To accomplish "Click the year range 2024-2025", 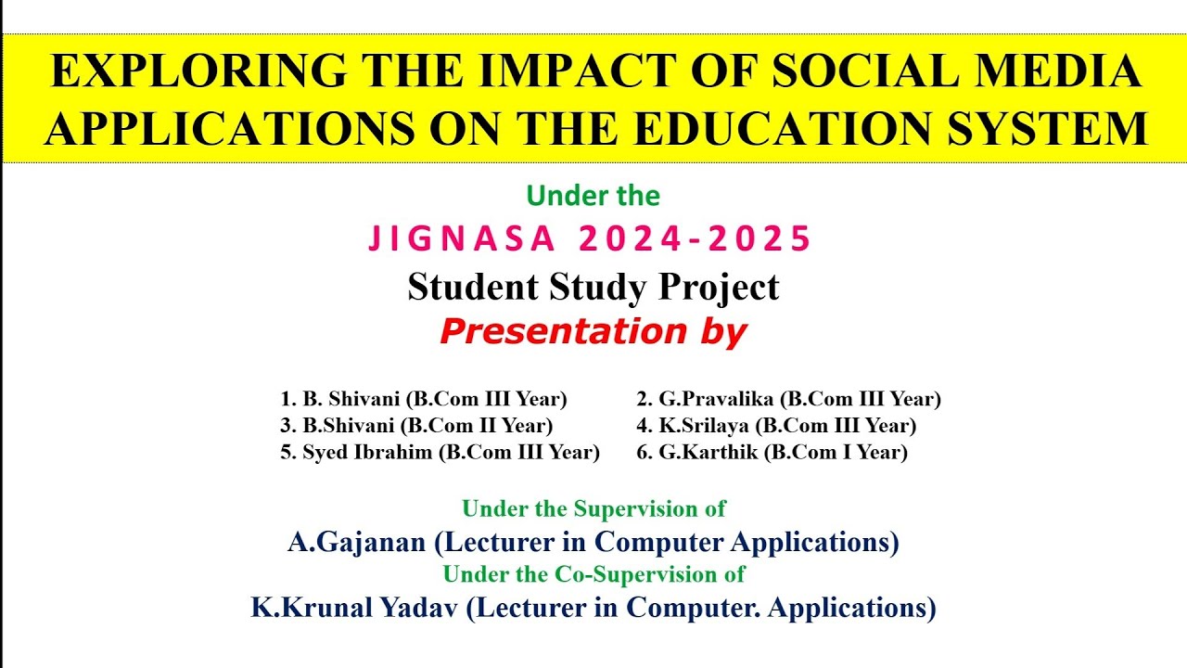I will (x=696, y=239).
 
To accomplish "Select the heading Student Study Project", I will (x=593, y=287).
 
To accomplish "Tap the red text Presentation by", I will (x=593, y=331).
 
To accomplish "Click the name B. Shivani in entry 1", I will (x=351, y=400).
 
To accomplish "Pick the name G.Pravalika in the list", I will (x=717, y=400).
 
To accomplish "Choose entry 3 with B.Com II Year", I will (x=416, y=426).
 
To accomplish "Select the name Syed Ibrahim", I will (x=367, y=453).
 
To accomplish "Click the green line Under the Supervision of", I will (x=593, y=508).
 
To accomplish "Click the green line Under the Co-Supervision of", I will (x=593, y=574).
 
